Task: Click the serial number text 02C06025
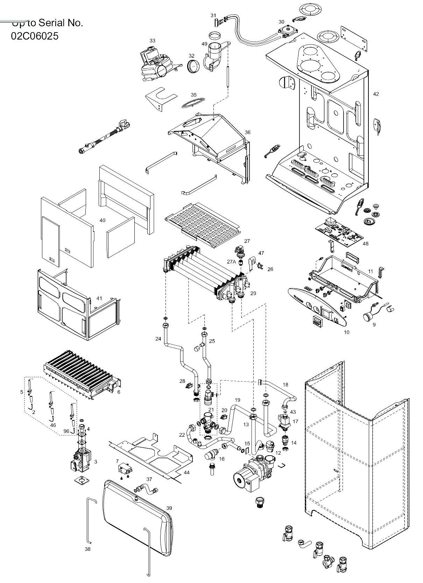(35, 36)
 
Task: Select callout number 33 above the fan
(152, 41)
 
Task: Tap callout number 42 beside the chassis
(376, 94)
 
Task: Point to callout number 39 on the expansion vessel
(169, 508)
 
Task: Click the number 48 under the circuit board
(366, 244)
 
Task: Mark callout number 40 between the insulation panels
(102, 220)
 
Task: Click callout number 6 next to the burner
(119, 392)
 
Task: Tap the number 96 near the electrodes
(66, 431)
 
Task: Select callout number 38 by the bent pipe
(87, 549)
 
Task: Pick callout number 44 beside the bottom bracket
(186, 472)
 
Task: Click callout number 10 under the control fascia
(346, 332)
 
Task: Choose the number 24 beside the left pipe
(158, 338)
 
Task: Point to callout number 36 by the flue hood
(247, 132)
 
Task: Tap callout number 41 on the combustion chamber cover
(99, 298)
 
